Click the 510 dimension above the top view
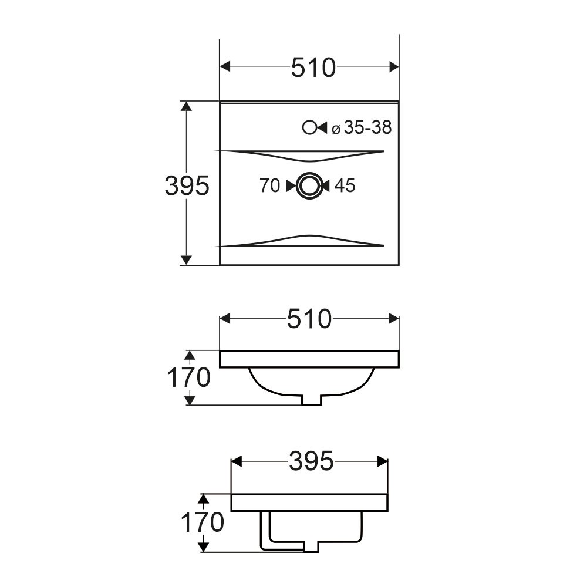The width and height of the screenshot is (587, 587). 313,68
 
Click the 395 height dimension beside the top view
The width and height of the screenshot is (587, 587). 187,185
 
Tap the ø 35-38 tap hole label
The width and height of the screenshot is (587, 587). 362,127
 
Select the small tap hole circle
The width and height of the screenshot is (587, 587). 309,128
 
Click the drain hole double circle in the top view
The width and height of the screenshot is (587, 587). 309,185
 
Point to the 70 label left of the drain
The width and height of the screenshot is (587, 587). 269,185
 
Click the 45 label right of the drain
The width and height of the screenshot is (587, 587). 345,185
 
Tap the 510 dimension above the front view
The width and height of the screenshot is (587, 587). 309,319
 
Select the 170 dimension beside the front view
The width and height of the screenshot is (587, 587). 188,377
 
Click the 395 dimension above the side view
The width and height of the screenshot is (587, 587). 311,461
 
